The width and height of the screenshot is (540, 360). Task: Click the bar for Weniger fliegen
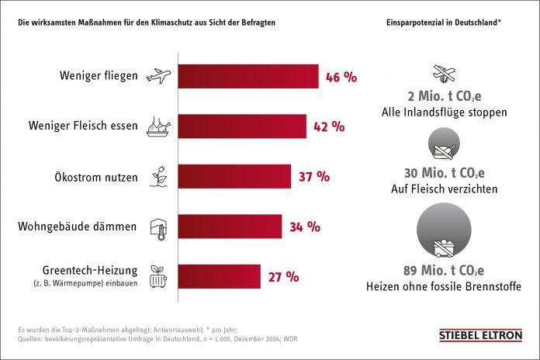(248, 77)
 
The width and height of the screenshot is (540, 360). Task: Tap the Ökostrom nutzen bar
(234, 176)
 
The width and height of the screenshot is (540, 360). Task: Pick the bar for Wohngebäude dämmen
(230, 227)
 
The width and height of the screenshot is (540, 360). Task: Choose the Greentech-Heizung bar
(220, 276)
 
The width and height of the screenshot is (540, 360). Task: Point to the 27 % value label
(283, 276)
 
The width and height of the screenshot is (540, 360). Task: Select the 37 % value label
(314, 176)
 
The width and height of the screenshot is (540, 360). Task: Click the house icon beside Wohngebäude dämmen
(158, 226)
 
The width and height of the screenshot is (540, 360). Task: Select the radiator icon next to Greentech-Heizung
(158, 275)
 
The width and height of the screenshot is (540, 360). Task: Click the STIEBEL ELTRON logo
(480, 336)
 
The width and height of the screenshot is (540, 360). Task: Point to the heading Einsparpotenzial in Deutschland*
(443, 22)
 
